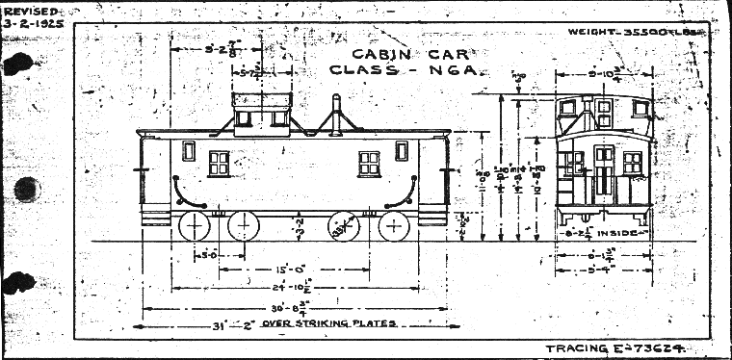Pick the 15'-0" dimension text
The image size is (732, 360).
tap(290, 269)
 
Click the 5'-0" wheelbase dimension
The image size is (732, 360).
tap(205, 255)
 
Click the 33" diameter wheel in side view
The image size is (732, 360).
tap(344, 228)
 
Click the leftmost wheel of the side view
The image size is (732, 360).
tap(195, 228)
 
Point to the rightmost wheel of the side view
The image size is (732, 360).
tap(394, 228)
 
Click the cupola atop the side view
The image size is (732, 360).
tap(261, 110)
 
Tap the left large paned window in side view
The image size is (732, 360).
tap(219, 164)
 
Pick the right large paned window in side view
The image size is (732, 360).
tap(370, 164)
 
